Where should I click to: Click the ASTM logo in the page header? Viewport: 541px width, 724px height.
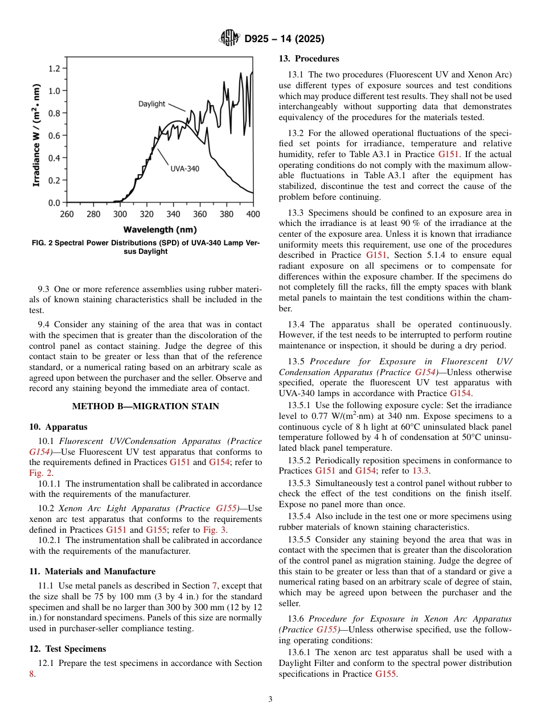click(230, 39)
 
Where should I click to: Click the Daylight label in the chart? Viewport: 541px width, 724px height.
click(151, 104)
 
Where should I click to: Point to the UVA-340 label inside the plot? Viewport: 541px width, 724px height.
click(185, 169)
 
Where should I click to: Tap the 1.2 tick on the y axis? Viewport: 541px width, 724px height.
click(54, 68)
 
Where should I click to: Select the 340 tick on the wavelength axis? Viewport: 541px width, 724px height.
click(173, 214)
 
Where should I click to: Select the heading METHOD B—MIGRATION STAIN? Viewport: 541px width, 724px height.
click(145, 406)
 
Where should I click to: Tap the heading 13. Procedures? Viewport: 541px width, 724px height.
click(309, 59)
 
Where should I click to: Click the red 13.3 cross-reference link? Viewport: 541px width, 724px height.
click(421, 471)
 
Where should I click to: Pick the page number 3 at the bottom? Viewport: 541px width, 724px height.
click(270, 700)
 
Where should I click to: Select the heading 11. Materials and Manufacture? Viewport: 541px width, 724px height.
click(92, 571)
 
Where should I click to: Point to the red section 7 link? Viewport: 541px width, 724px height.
click(214, 586)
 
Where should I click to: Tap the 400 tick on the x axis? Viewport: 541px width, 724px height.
click(253, 214)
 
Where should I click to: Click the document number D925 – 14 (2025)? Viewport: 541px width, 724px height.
click(284, 39)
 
